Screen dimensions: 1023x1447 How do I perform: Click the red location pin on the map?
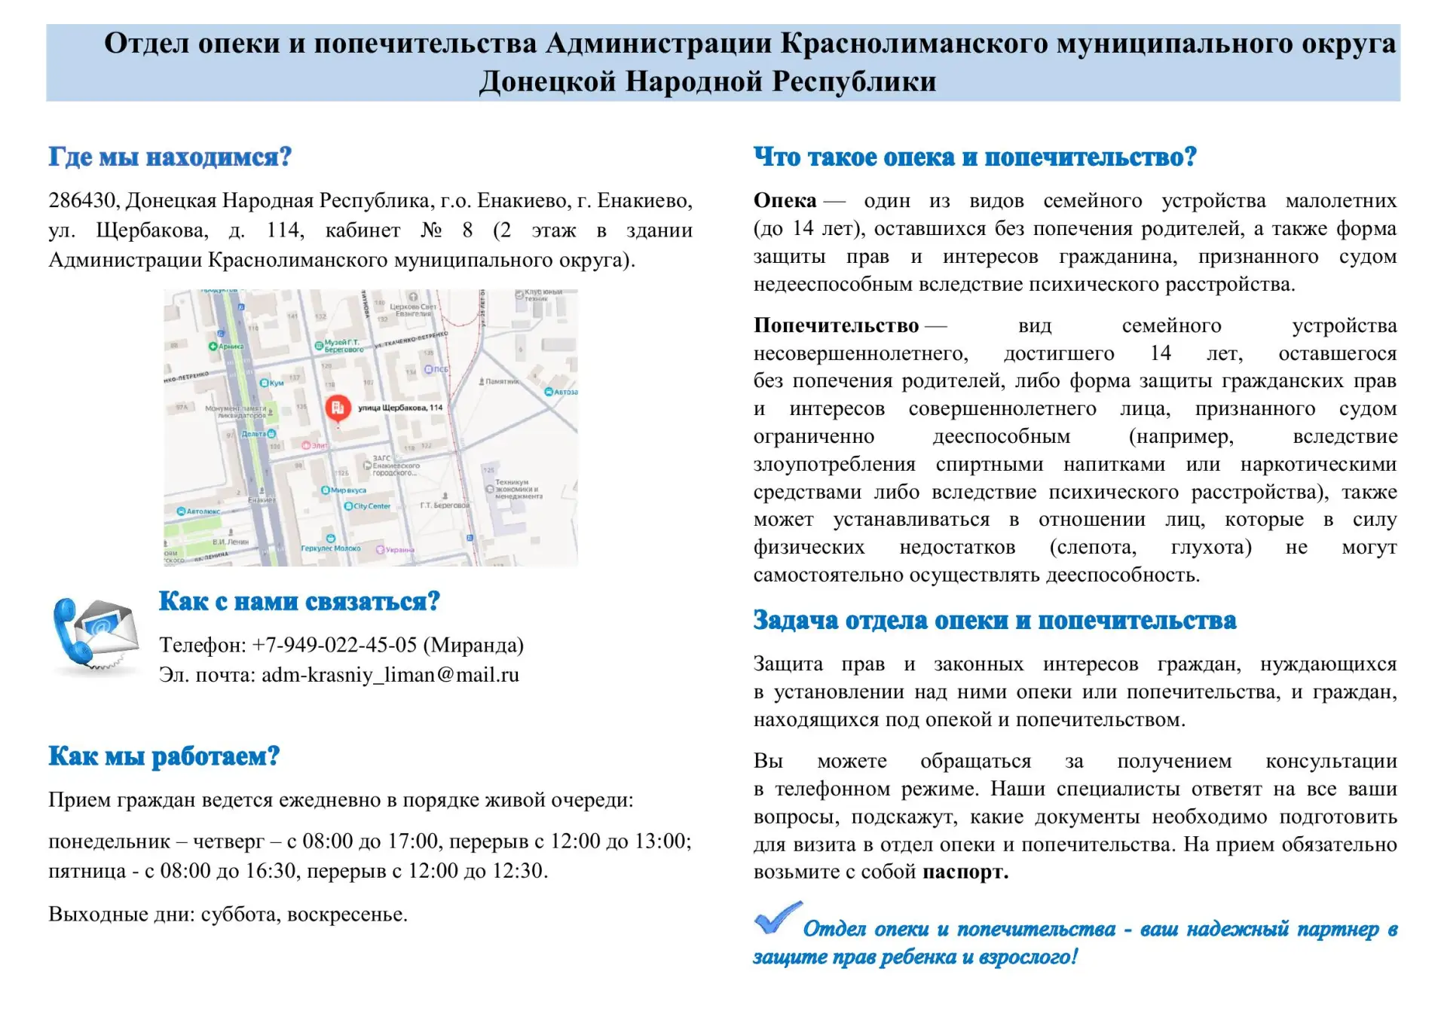338,408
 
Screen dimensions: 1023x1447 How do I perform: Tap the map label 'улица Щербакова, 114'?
400,408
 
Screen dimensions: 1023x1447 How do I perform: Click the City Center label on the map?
372,506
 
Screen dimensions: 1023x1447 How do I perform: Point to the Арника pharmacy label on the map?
230,347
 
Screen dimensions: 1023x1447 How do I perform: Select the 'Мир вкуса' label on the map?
347,490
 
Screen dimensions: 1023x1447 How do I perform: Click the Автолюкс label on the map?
202,511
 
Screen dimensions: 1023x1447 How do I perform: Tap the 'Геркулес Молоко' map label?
330,548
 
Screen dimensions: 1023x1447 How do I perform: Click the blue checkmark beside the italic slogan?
778,918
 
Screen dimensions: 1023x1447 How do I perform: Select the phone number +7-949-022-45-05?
334,645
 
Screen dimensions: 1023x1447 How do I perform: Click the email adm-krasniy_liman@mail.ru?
390,675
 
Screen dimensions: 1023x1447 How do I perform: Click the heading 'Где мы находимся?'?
170,157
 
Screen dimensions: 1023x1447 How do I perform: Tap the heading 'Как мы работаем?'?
164,756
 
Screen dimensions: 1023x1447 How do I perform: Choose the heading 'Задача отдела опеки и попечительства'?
995,620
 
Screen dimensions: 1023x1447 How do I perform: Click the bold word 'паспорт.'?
965,872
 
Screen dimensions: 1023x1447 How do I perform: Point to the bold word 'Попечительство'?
836,325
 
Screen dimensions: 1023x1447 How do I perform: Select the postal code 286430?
82,200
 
